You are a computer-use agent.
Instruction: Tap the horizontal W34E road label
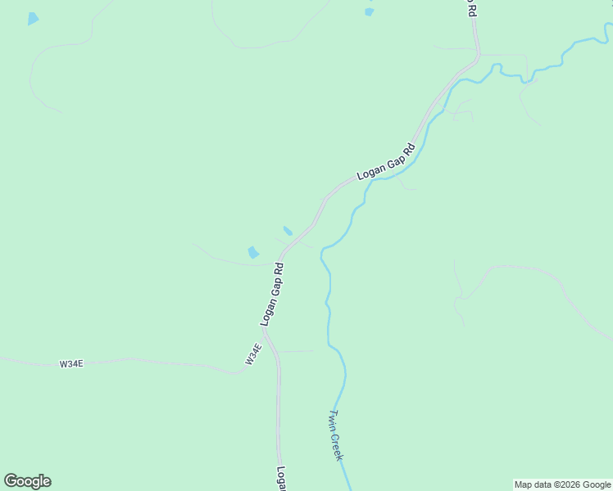coord(71,363)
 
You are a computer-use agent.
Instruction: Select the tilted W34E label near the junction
coord(253,354)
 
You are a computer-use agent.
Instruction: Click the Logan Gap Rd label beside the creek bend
coord(386,163)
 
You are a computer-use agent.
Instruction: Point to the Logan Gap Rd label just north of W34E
coord(272,295)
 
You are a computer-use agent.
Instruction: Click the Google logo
coord(27,481)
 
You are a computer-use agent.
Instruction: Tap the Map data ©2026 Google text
coord(562,484)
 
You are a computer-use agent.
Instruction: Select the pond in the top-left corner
coord(33,18)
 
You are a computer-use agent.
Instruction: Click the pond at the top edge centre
coord(369,11)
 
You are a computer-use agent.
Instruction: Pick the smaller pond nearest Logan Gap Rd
coord(288,231)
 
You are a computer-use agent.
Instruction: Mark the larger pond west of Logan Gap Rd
coord(253,253)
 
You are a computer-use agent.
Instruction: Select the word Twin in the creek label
coord(331,419)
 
